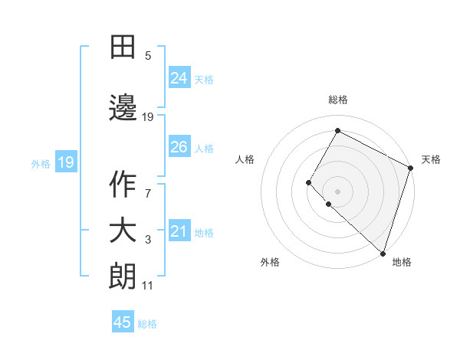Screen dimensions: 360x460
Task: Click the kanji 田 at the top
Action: (x=123, y=47)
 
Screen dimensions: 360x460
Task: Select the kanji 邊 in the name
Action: (x=123, y=106)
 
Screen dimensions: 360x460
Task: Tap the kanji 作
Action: (x=123, y=184)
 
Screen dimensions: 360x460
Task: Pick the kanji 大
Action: (x=123, y=231)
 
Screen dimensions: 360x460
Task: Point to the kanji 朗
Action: (x=123, y=277)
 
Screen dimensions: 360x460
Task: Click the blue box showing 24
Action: (x=179, y=78)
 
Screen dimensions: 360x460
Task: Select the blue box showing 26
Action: (x=179, y=147)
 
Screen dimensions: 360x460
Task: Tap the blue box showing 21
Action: (x=179, y=231)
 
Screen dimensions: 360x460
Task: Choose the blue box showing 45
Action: (x=123, y=322)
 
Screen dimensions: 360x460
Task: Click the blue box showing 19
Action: (x=65, y=162)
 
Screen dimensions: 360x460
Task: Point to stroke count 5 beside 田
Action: (x=148, y=56)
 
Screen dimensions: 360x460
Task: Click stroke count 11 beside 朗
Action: (x=148, y=286)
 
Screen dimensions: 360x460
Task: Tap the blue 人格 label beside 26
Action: (x=204, y=148)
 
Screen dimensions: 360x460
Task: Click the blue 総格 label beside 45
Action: (x=147, y=324)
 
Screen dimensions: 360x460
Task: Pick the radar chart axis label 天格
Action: (x=431, y=159)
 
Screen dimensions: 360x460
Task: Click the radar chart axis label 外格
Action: (x=270, y=262)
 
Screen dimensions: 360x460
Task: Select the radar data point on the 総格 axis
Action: (x=337, y=131)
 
